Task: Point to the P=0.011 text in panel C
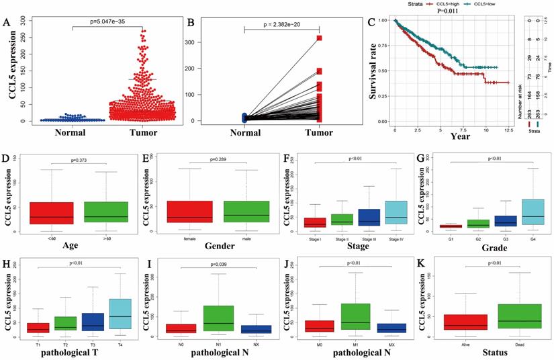(436, 11)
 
